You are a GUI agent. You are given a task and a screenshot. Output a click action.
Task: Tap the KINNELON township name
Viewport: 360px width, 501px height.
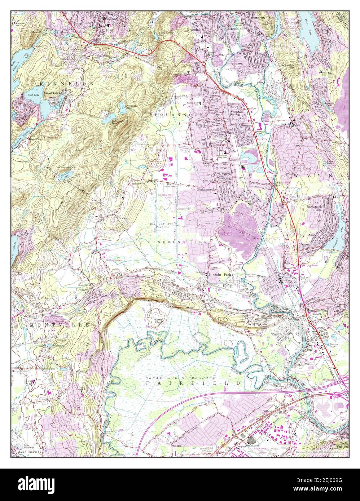pyautogui.click(x=67, y=84)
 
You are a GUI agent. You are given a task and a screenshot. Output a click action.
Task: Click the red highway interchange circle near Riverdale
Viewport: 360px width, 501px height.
pyautogui.click(x=204, y=64)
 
